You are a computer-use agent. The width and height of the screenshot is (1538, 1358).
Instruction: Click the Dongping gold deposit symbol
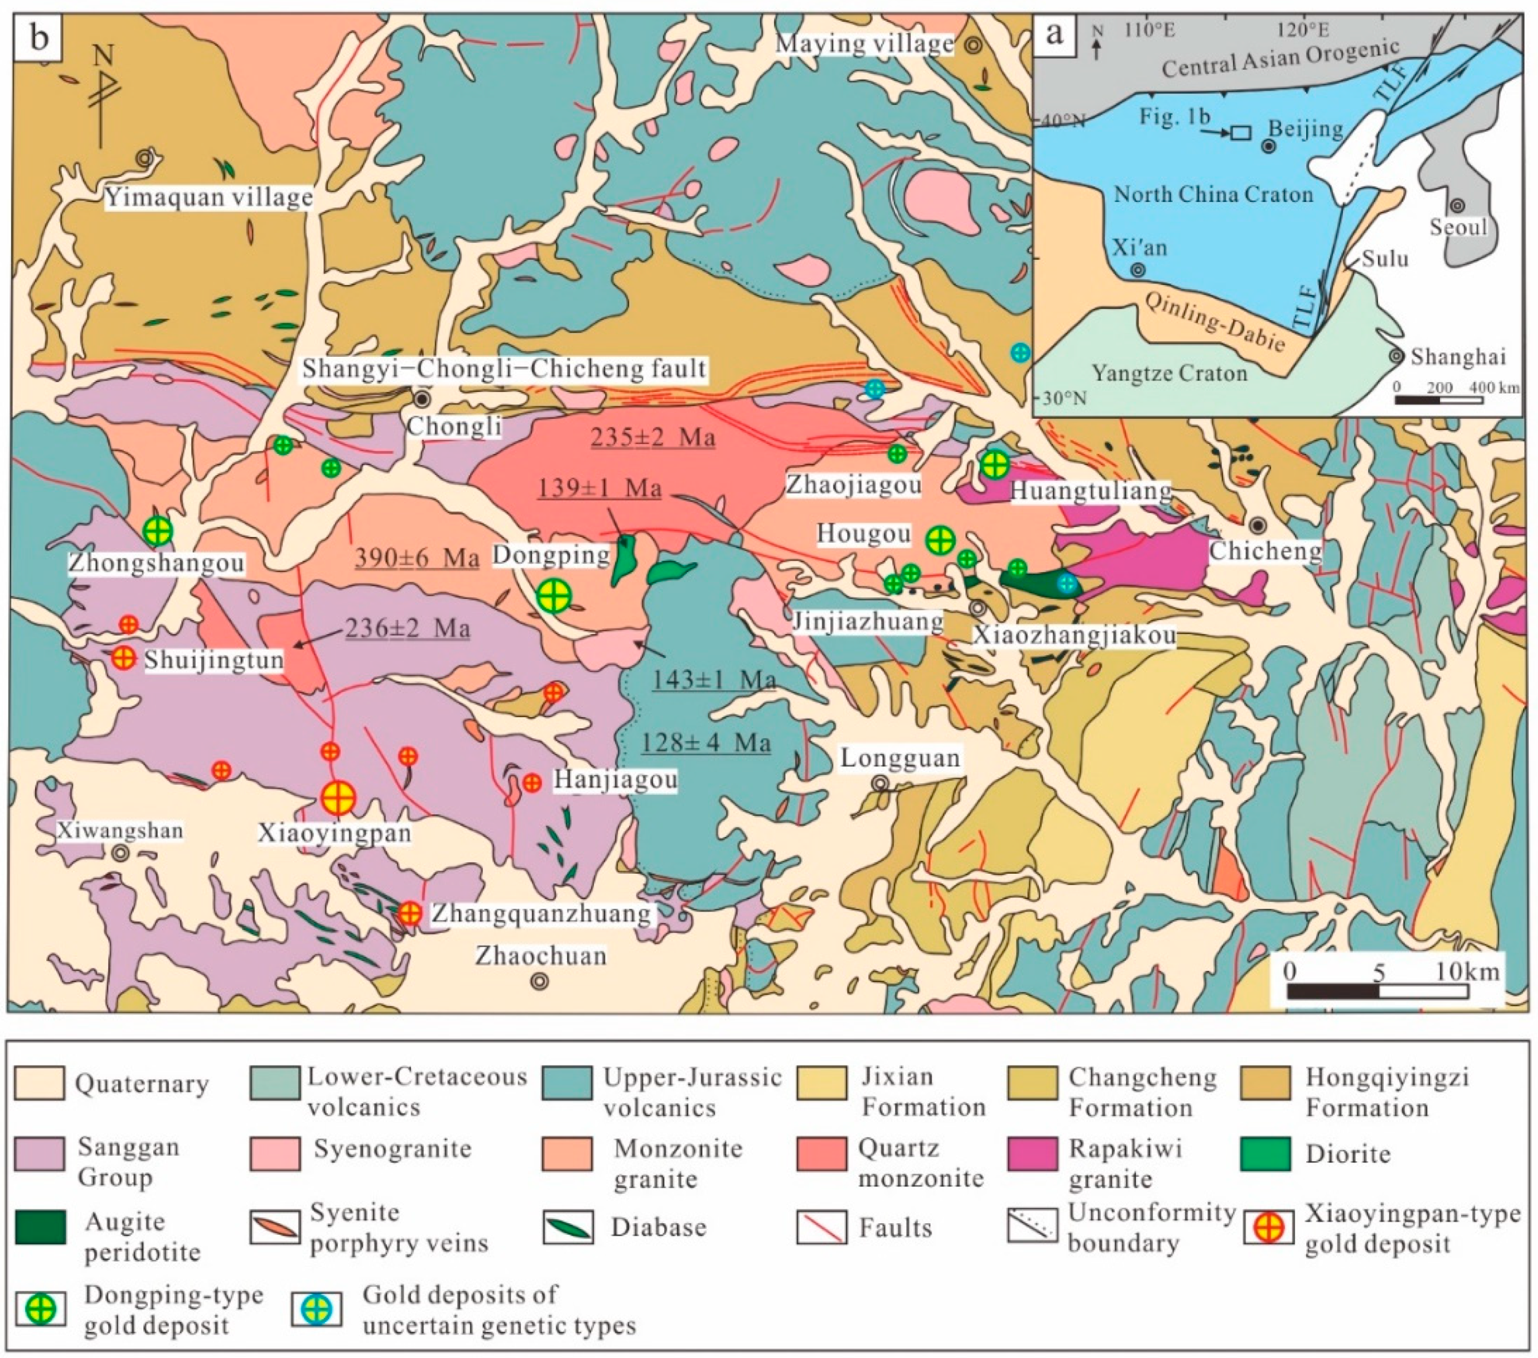pos(554,596)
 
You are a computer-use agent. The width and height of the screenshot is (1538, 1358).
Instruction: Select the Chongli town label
pos(454,426)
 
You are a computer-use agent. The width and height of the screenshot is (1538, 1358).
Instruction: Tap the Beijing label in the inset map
pos(1306,129)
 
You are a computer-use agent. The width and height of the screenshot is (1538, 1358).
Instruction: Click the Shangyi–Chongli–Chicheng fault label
pos(504,369)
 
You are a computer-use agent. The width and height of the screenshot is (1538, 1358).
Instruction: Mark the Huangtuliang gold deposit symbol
pos(995,464)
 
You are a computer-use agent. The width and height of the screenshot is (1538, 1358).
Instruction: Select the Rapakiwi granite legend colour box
pos(1033,1153)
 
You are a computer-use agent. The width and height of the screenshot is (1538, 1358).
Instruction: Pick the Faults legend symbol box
pos(821,1227)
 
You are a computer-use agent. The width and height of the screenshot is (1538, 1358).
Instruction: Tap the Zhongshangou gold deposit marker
pos(157,531)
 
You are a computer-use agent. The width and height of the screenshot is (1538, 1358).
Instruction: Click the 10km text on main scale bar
pos(1466,971)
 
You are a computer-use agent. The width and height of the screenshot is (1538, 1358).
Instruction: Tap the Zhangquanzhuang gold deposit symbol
pos(410,913)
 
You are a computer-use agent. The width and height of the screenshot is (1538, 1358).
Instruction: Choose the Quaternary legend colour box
pos(39,1083)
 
